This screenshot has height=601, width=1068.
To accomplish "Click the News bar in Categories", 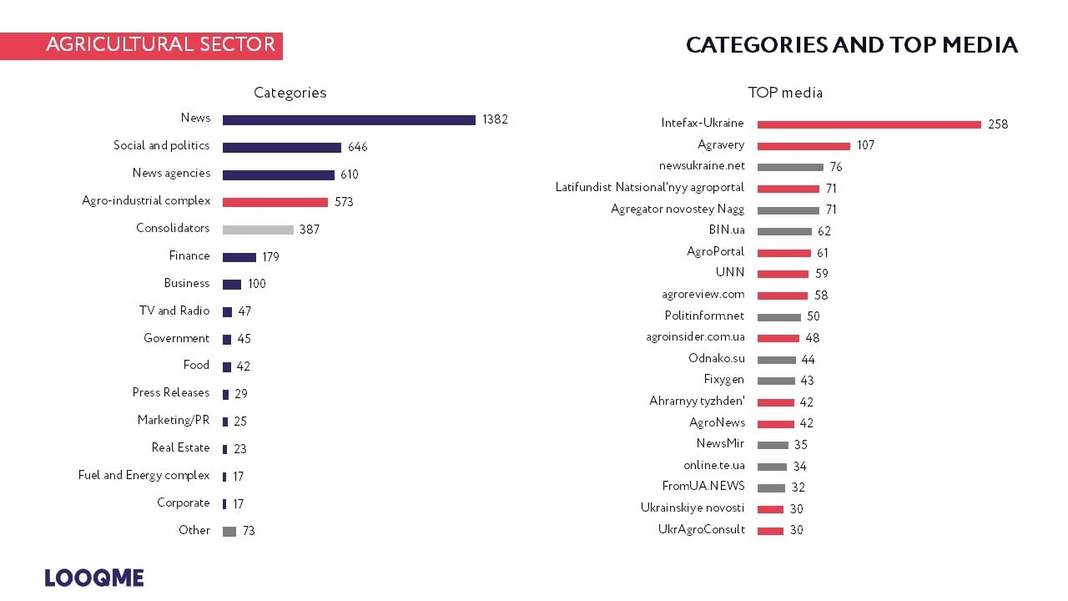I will [349, 120].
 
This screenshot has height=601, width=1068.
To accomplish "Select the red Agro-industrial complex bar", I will [275, 202].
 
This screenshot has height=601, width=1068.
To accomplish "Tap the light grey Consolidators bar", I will [258, 230].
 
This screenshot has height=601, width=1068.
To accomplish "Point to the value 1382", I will [495, 119].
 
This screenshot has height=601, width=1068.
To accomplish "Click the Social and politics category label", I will [161, 145].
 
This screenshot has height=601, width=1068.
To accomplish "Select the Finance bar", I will [239, 257].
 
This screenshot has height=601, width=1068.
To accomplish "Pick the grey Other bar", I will [229, 532].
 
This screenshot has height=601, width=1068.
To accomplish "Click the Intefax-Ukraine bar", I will [869, 124].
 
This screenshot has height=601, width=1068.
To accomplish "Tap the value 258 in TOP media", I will [998, 124].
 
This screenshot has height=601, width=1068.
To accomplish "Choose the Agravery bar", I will [804, 146].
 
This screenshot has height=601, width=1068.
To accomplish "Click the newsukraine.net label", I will [702, 165].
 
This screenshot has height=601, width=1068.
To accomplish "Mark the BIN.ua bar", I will [784, 231].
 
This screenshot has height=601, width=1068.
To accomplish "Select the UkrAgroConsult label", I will [701, 529].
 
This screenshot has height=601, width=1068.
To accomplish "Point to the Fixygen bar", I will [776, 381].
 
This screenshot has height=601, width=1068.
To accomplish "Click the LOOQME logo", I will [94, 578].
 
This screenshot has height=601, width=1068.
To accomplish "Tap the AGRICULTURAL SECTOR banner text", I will [160, 45].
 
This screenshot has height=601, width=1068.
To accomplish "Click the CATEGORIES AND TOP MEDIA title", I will [851, 45].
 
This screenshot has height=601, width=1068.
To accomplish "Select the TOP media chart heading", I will [785, 93].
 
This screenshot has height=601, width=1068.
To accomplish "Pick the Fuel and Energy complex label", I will [144, 475].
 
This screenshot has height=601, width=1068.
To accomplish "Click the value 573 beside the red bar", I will [344, 202].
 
